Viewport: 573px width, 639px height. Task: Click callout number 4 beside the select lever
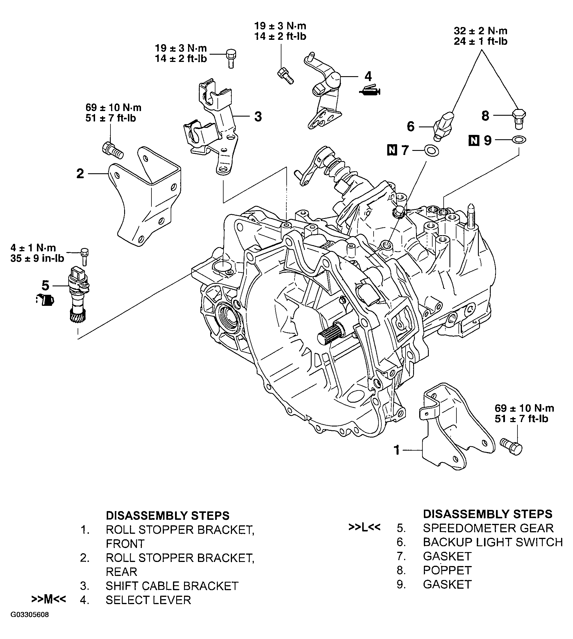click(x=368, y=76)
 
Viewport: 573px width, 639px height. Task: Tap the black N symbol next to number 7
click(x=392, y=151)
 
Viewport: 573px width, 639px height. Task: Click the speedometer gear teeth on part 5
click(x=77, y=315)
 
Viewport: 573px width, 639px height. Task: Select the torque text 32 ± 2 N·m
click(x=481, y=31)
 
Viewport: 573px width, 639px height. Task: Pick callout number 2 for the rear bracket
click(x=80, y=174)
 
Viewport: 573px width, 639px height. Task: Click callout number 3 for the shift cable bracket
click(x=258, y=117)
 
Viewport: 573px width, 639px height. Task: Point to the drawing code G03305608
click(x=30, y=624)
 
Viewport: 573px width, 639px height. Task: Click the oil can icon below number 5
click(x=46, y=300)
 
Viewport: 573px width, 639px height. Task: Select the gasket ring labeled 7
click(x=432, y=151)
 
